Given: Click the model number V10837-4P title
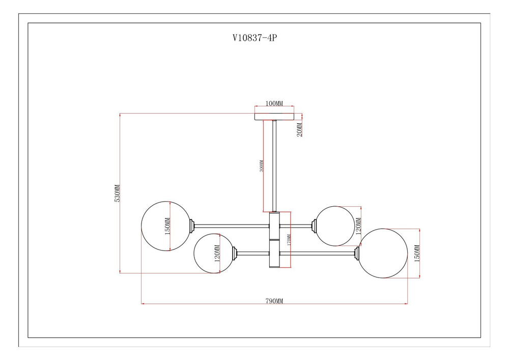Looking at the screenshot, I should coord(254,37).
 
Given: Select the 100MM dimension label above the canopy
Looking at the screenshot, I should coord(274,103).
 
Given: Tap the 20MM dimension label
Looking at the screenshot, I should coord(300,129).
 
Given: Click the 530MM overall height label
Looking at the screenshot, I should coord(117,193).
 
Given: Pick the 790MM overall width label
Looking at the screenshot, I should coord(274,301).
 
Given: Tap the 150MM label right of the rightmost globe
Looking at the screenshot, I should coord(416,253).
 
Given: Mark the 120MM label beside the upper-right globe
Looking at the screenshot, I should coord(358,225).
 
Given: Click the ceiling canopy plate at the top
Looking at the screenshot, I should coord(274,116).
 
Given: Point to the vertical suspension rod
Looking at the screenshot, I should coord(274,165).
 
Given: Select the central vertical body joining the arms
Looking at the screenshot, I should coord(274,240).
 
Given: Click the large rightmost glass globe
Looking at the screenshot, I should coord(383,253).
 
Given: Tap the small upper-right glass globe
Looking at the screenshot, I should coord(334,225).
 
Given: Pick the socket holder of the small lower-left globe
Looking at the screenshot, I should coord(236,253).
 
